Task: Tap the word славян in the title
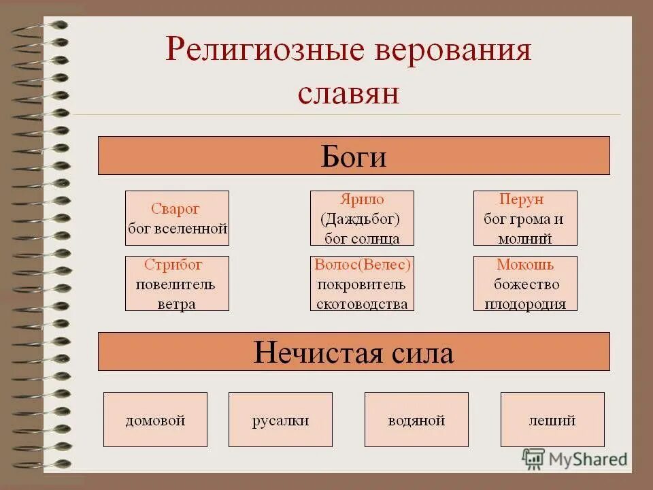tap(348, 93)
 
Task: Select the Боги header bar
tap(354, 156)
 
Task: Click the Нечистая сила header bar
tap(354, 352)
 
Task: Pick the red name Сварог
tap(175, 209)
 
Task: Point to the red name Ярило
tap(361, 200)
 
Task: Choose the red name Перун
tap(521, 200)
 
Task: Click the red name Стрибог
tap(173, 265)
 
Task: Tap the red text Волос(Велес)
tap(362, 265)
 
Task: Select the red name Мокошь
tap(525, 265)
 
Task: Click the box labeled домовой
tap(155, 420)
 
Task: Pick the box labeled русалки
tap(280, 420)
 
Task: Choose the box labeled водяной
tap(416, 420)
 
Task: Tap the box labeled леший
tap(552, 420)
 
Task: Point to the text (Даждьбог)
tap(361, 219)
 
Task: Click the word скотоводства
tap(362, 304)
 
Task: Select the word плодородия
tap(525, 304)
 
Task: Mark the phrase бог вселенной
tap(177, 229)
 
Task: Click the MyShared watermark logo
tap(575, 458)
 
